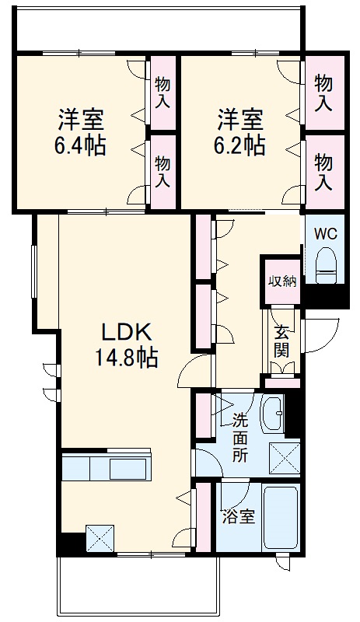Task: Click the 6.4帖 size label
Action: point(81,145)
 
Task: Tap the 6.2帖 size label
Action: point(239,145)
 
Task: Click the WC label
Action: point(326,232)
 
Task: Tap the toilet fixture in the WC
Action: point(327,264)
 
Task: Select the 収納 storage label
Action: point(282,281)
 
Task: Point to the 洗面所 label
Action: point(240,438)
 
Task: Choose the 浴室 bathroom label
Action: point(238,515)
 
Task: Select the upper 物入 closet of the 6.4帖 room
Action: point(163,92)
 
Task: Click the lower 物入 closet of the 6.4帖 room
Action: point(163,171)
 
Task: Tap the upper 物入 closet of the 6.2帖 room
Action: point(323,92)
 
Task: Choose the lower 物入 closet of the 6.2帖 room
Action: point(323,171)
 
